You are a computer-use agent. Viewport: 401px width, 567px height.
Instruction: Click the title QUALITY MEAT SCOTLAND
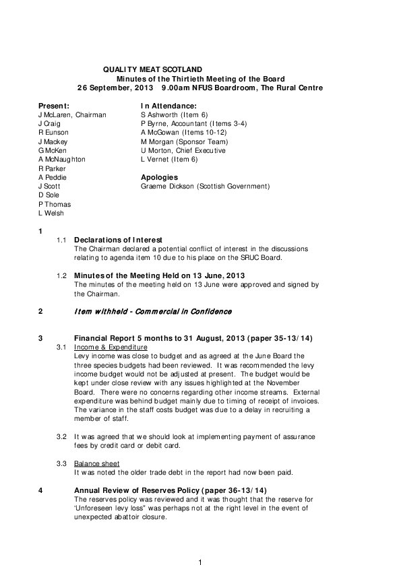click(152, 70)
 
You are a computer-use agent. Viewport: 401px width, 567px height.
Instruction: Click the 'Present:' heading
click(54, 106)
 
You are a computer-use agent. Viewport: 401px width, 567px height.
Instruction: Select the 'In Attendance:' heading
click(168, 106)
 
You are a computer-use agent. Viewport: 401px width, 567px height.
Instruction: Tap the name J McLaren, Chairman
click(72, 115)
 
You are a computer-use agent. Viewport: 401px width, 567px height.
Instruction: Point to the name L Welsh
click(51, 213)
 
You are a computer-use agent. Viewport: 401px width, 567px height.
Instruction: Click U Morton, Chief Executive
click(183, 151)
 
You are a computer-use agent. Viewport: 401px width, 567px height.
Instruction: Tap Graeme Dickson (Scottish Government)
click(205, 186)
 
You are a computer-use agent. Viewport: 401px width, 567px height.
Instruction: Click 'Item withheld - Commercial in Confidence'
click(153, 312)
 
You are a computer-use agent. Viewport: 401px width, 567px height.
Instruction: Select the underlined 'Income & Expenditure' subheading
click(111, 347)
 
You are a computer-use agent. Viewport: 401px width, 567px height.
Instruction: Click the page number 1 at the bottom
click(200, 562)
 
